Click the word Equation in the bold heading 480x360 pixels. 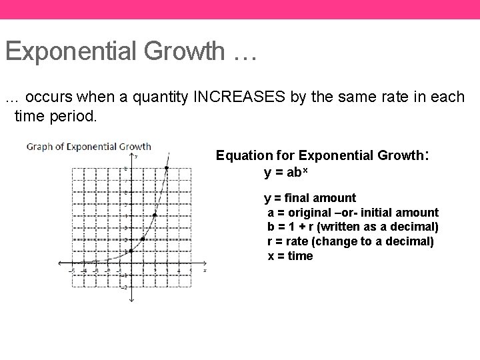point(243,156)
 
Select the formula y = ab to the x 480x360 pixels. point(289,173)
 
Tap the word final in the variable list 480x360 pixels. point(299,198)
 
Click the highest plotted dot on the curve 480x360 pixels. point(166,168)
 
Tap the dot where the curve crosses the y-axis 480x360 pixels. point(131,251)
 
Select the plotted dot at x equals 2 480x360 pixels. point(155,215)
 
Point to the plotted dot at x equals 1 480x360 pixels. point(143,239)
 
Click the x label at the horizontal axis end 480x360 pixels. point(205,270)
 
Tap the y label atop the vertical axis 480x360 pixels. point(136,156)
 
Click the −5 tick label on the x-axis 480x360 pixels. point(73,270)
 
